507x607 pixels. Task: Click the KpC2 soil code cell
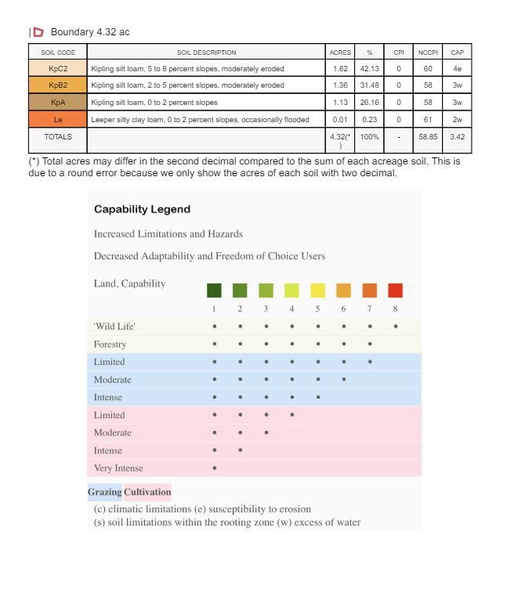(59, 68)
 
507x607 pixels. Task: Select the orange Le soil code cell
(59, 120)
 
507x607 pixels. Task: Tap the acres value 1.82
(340, 68)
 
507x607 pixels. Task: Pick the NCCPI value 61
(427, 120)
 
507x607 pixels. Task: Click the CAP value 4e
(457, 68)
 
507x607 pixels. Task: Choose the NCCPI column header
(427, 52)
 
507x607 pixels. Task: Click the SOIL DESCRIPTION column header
(206, 52)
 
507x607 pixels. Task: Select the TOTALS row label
(59, 136)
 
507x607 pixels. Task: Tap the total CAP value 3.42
(457, 136)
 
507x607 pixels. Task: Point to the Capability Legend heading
(142, 209)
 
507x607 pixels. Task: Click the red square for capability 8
(395, 291)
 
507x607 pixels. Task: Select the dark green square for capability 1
(214, 291)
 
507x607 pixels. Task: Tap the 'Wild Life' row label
(114, 326)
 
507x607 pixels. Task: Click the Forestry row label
(110, 344)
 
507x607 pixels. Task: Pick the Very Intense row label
(118, 468)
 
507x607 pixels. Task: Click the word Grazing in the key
(104, 492)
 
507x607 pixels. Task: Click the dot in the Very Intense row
(214, 468)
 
